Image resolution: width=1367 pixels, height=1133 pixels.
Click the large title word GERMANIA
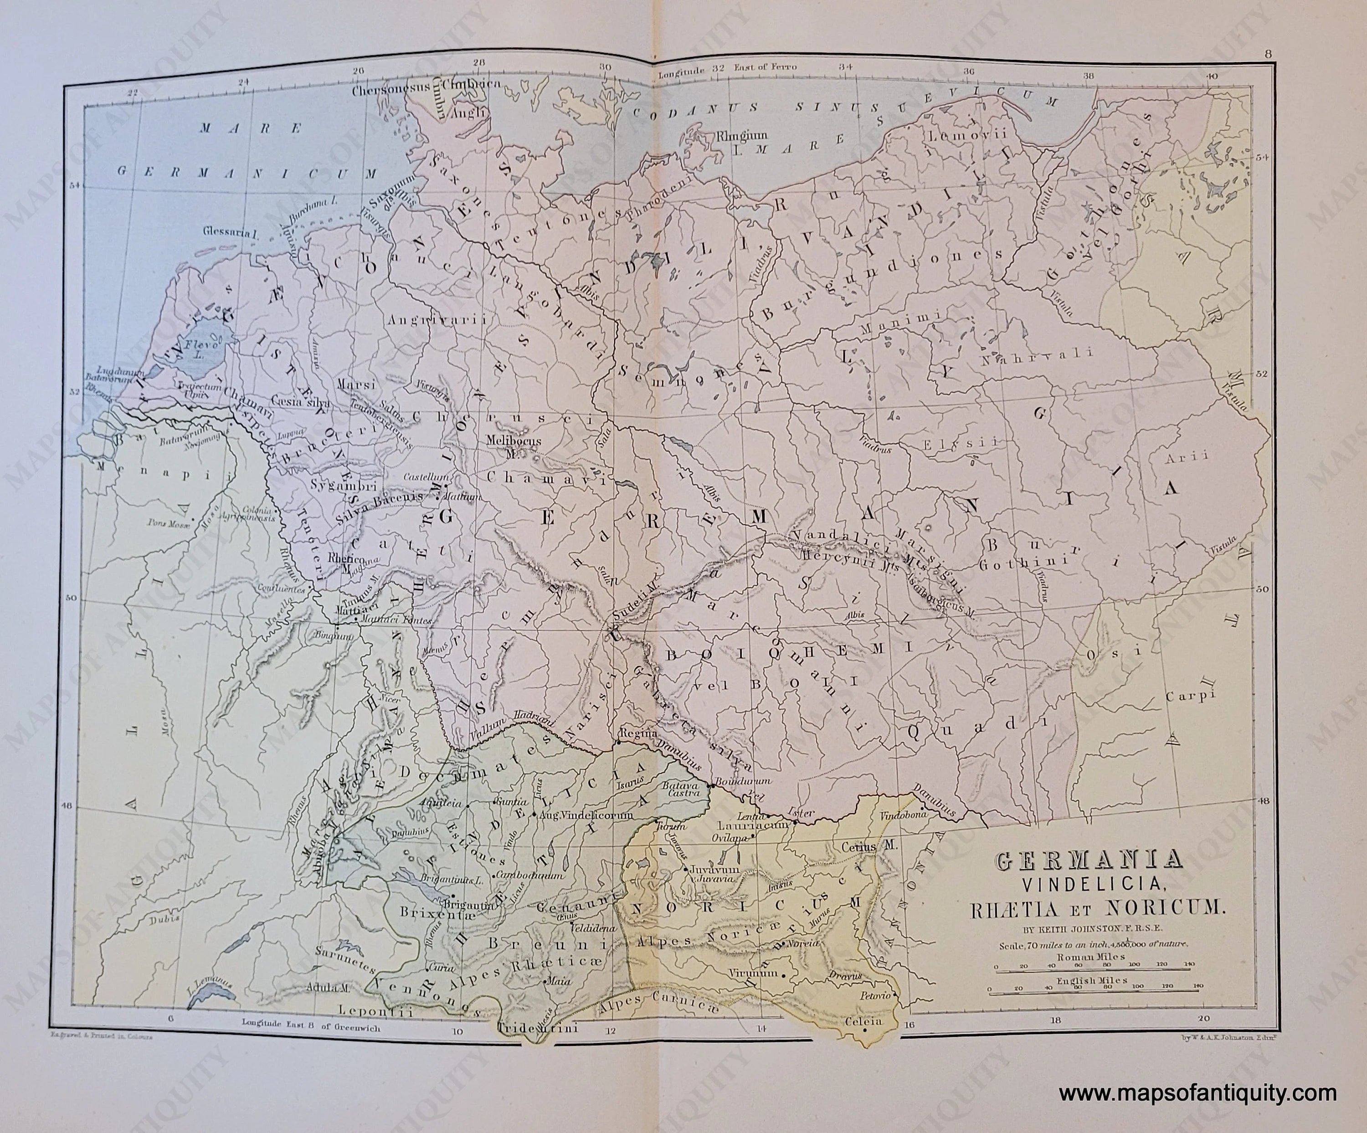tap(1089, 863)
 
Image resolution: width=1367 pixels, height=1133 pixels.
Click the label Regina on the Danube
tap(630, 733)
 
